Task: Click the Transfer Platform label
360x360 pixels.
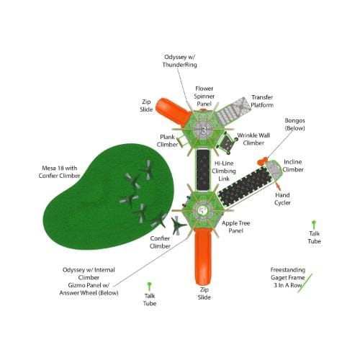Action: (262, 101)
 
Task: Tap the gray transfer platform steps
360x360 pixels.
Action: (233, 110)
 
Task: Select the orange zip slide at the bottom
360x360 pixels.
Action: (203, 256)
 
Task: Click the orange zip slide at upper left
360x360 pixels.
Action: (173, 112)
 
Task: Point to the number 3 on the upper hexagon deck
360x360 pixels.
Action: (204, 130)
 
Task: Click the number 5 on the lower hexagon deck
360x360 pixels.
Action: (203, 210)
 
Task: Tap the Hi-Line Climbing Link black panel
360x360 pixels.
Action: (203, 170)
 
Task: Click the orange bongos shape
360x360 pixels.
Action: (262, 161)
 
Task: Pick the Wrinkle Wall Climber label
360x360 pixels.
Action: (253, 139)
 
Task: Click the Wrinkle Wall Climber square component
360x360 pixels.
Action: (227, 143)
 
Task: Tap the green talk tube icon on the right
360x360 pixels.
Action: (314, 225)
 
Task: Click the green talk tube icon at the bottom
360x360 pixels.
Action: (149, 287)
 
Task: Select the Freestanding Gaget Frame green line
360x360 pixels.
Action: (305, 283)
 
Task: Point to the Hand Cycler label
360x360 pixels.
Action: (282, 199)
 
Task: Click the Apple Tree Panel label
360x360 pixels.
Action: (236, 227)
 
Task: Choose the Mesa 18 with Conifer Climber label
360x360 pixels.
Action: (59, 172)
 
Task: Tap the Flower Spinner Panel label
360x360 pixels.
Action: (204, 96)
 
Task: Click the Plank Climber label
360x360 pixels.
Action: (167, 140)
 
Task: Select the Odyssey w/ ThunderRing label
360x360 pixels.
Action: (179, 61)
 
